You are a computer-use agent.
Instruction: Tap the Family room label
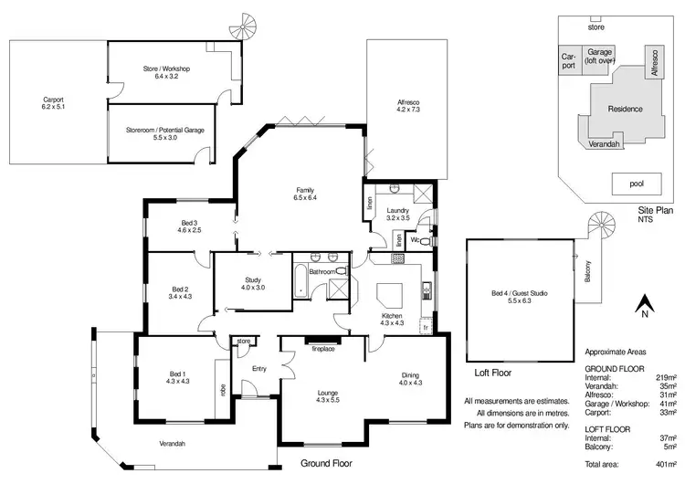coord(304,193)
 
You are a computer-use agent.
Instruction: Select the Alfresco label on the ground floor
coord(406,105)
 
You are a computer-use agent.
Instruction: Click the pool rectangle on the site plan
coord(637,184)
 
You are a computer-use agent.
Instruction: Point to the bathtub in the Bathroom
coord(300,280)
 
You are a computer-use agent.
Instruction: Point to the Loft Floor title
coord(492,374)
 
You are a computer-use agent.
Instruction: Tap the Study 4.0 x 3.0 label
coord(253,284)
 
